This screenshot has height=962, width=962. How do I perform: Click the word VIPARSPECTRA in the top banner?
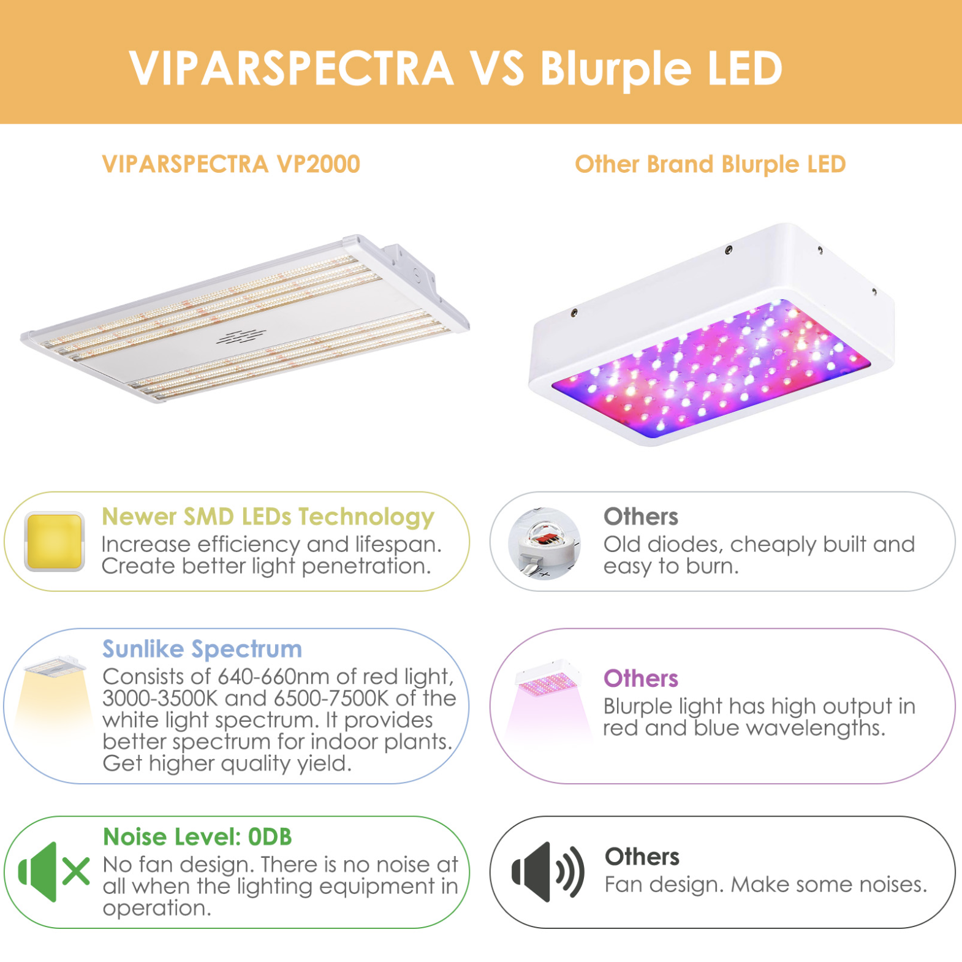291,67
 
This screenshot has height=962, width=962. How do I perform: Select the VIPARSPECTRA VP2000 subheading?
231,164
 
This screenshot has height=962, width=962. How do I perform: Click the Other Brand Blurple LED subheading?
710,164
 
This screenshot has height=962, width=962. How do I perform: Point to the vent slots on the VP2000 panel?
241,336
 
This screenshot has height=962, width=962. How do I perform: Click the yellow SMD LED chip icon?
54,542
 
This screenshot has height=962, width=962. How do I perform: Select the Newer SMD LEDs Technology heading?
268,517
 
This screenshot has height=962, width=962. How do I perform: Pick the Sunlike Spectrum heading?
202,649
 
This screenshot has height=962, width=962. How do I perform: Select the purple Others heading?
641,678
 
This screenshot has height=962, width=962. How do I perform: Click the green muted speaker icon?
54,872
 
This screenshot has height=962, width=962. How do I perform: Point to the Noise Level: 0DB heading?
197,837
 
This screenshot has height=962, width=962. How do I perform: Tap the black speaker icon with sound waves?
548,872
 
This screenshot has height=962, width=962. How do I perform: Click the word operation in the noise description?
157,909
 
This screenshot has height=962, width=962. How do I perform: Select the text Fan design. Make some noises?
766,884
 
